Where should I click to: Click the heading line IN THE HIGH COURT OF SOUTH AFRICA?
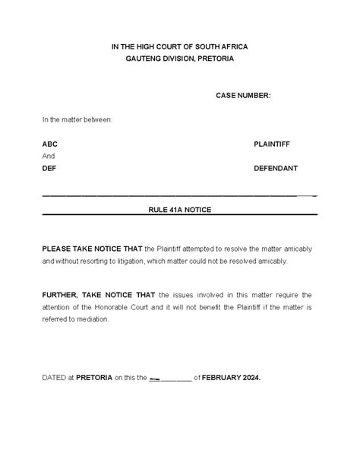(x=179, y=47)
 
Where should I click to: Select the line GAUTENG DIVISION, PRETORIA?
(x=179, y=59)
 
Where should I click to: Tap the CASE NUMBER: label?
(x=243, y=95)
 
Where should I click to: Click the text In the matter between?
(x=77, y=119)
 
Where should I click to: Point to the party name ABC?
(x=49, y=144)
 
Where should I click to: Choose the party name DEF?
(x=49, y=168)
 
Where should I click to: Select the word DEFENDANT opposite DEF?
(x=275, y=168)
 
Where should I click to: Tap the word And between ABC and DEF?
(x=49, y=156)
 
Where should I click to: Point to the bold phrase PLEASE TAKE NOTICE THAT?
(x=92, y=249)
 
